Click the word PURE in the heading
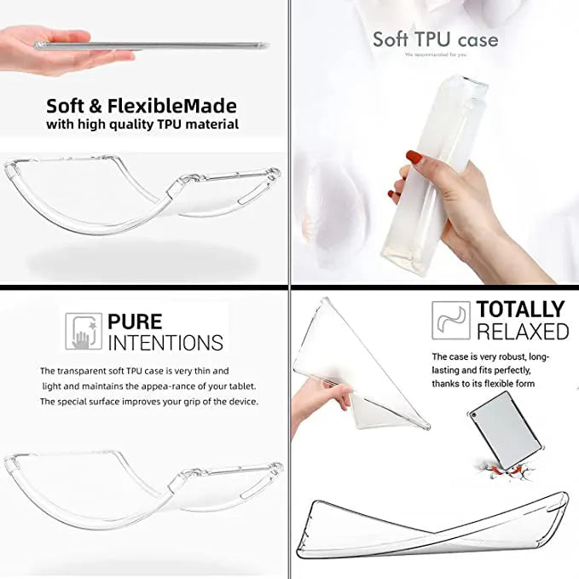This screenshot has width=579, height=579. (135, 321)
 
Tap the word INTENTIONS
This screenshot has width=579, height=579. (165, 343)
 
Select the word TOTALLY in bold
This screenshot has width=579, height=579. (520, 309)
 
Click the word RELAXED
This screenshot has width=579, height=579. (522, 331)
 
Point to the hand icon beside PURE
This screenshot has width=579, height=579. (84, 332)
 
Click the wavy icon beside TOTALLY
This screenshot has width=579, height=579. (451, 321)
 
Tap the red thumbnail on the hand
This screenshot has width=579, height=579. (412, 158)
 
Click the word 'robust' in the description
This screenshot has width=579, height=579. (510, 356)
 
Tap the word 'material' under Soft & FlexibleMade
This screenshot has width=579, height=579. (212, 124)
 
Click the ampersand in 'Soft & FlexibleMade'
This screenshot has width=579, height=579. (96, 107)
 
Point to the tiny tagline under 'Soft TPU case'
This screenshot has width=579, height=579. (435, 55)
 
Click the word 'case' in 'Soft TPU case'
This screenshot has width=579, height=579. (477, 39)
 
